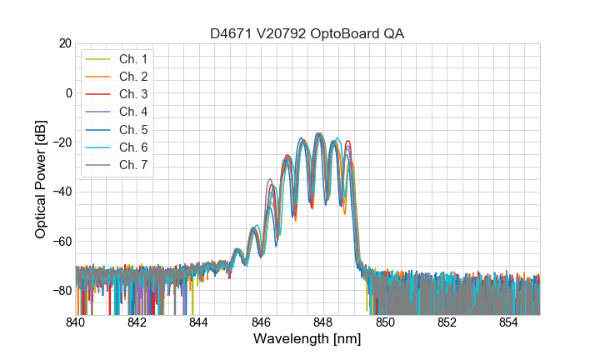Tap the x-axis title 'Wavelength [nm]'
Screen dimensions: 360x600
[307, 339]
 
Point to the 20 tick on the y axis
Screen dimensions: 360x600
[63, 43]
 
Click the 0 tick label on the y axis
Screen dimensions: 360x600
[67, 92]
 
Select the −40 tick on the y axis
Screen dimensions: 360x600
[61, 192]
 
